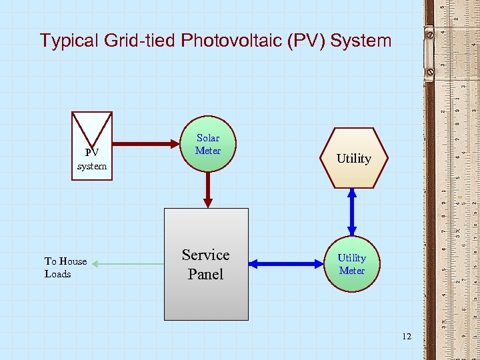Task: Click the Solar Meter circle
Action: pos(208,144)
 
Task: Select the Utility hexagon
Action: pos(353,158)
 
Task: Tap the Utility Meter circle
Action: pos(351,264)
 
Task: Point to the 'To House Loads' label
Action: pos(65,267)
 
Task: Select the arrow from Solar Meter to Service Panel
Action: pos(208,189)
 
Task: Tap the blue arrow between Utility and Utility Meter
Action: pos(352,212)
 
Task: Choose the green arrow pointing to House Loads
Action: pos(127,264)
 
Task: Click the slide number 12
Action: pos(407,336)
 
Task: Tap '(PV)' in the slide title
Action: pos(307,41)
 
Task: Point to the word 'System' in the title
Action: pos(361,41)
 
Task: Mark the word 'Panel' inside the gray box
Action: pos(205,274)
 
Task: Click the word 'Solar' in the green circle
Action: pos(208,138)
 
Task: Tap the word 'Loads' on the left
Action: pos(58,274)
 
